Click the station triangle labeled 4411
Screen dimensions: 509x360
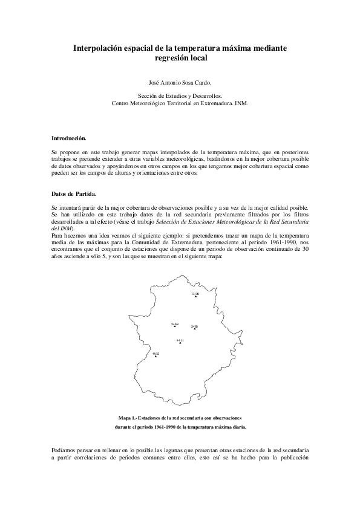coord(180,343)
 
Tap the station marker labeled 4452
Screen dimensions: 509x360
coord(155,356)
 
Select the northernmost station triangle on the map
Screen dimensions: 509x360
coord(195,297)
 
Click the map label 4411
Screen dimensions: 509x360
coord(180,340)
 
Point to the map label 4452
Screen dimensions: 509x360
coord(155,353)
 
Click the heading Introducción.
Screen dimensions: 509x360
coord(68,138)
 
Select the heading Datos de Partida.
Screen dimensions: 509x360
coord(73,193)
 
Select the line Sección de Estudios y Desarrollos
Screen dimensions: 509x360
coord(180,96)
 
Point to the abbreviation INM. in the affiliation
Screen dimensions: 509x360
coord(241,103)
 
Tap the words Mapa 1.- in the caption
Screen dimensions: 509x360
coord(128,418)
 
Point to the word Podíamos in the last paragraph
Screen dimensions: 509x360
coord(65,451)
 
